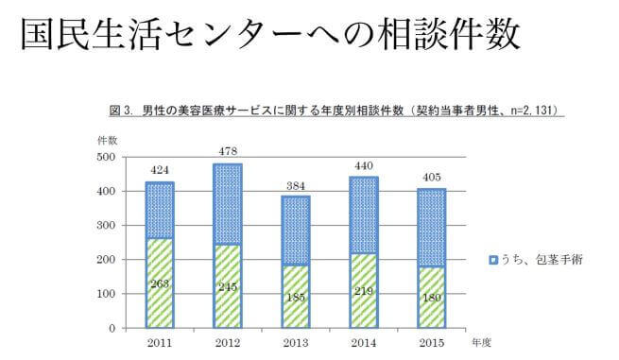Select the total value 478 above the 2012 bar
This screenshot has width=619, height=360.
pos(228,152)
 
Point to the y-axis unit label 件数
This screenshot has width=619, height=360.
pos(107,140)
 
